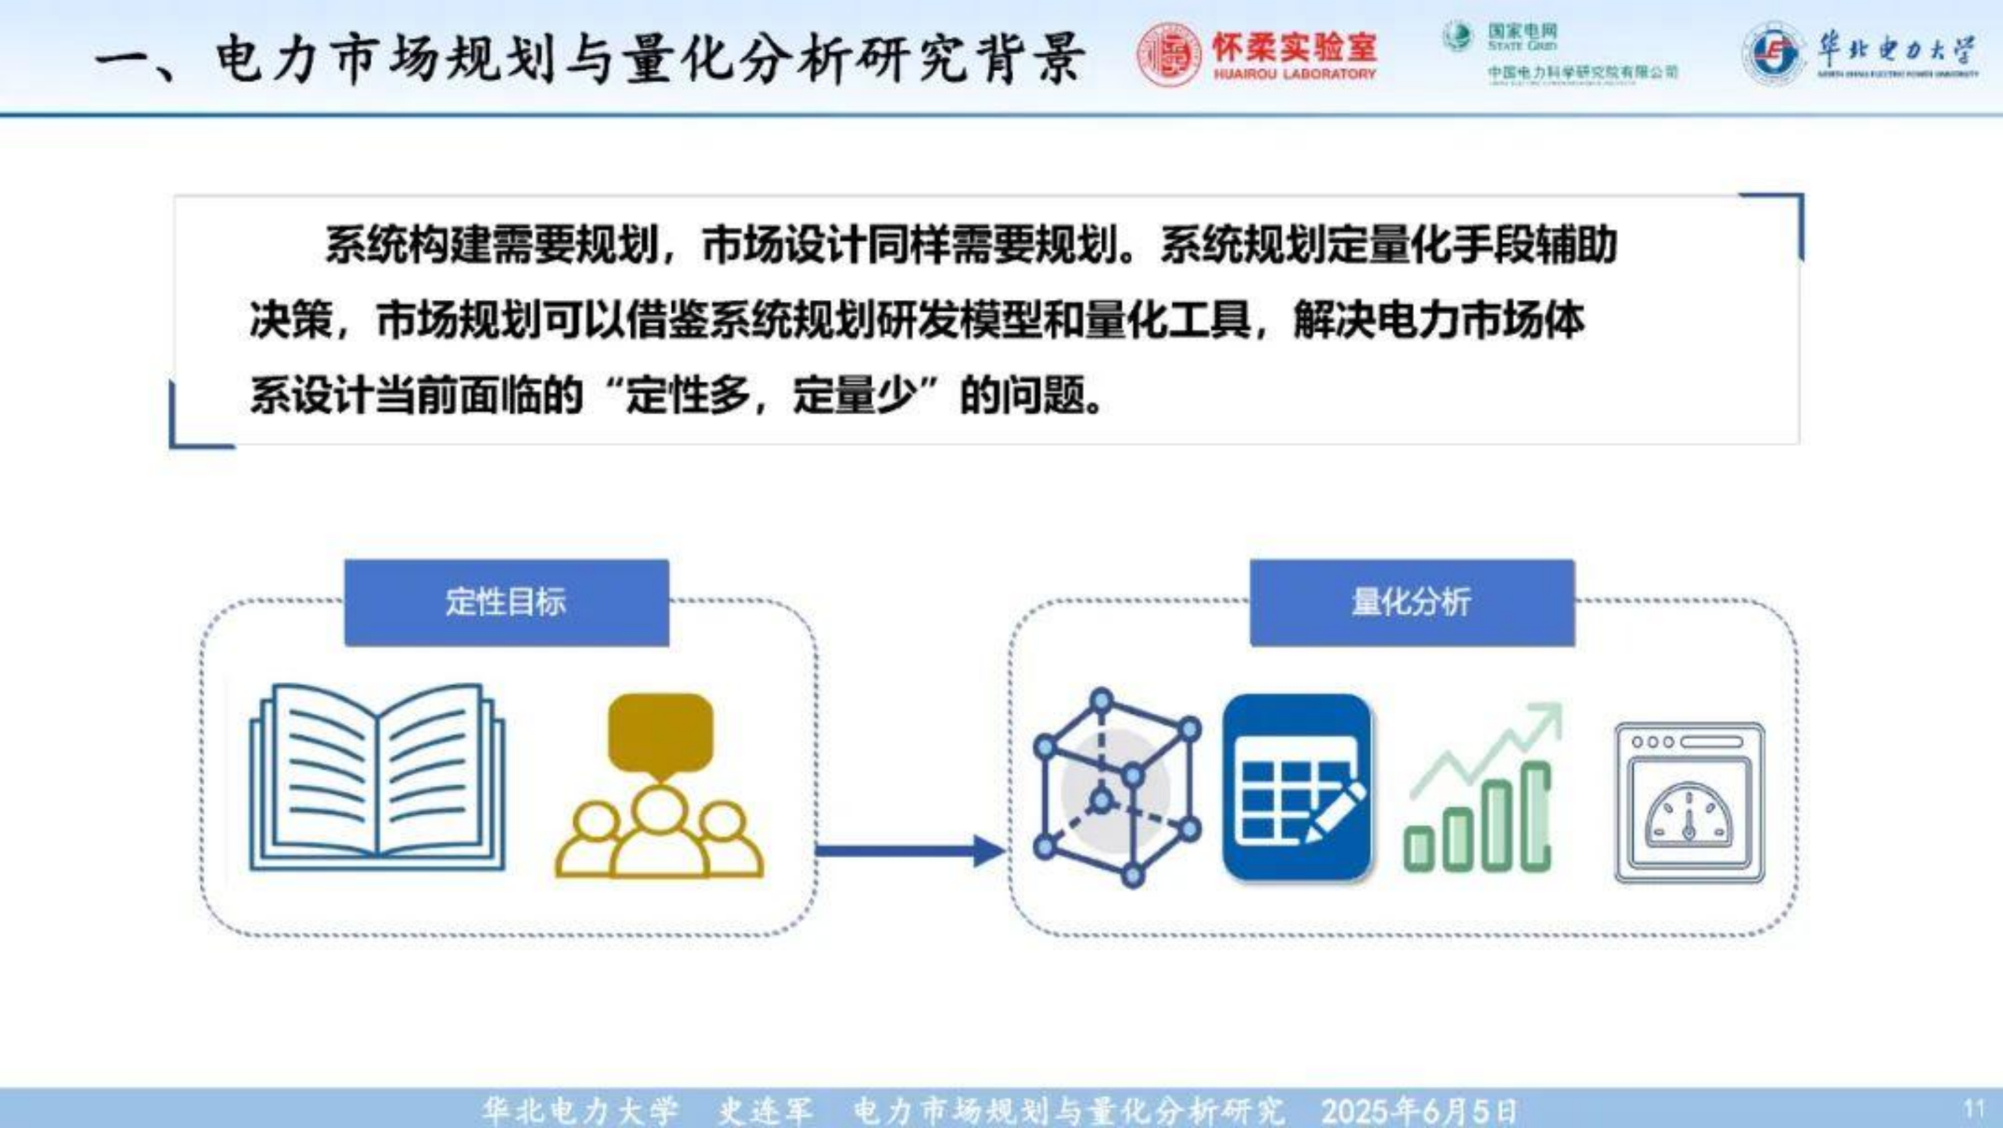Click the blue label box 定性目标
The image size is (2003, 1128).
click(506, 602)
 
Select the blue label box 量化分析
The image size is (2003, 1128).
click(1411, 602)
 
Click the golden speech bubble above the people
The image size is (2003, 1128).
click(660, 733)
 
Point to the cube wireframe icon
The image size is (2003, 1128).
click(1117, 787)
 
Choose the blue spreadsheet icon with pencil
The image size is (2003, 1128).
click(1297, 787)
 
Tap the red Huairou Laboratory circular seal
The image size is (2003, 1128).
click(1168, 54)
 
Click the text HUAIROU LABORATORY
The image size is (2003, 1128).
click(1294, 74)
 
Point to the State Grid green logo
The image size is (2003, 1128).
click(1457, 36)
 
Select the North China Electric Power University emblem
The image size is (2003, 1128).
click(1772, 53)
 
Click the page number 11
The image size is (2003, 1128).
click(1974, 1109)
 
